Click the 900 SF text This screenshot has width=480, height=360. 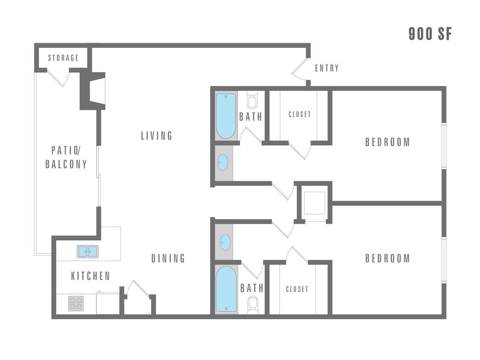pyautogui.click(x=430, y=34)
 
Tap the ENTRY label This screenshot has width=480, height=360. pyautogui.click(x=327, y=68)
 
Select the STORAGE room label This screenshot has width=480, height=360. pyautogui.click(x=63, y=58)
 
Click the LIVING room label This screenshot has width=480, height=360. pyautogui.click(x=157, y=136)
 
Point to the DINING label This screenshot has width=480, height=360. pyautogui.click(x=168, y=258)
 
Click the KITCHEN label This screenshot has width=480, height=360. pyautogui.click(x=90, y=276)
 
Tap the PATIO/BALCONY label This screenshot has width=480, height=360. pyautogui.click(x=66, y=157)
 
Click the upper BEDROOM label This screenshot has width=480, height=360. pyautogui.click(x=387, y=142)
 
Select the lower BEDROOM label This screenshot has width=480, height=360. pyautogui.click(x=387, y=258)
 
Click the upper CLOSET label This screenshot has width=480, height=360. pyautogui.click(x=299, y=114)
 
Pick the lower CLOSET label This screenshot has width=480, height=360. pyautogui.click(x=297, y=289)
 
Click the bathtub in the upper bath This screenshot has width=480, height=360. pyautogui.click(x=226, y=116)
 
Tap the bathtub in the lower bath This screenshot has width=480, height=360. pyautogui.click(x=226, y=289)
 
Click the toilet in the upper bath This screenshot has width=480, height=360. pyautogui.click(x=252, y=100)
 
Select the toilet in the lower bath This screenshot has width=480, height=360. pyautogui.click(x=252, y=305)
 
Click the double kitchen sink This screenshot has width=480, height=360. pyautogui.click(x=87, y=252)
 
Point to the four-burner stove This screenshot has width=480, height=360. pyautogui.click(x=76, y=303)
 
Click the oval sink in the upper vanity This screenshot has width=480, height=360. pyautogui.click(x=223, y=163)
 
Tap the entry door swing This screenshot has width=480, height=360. pyautogui.click(x=300, y=70)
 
